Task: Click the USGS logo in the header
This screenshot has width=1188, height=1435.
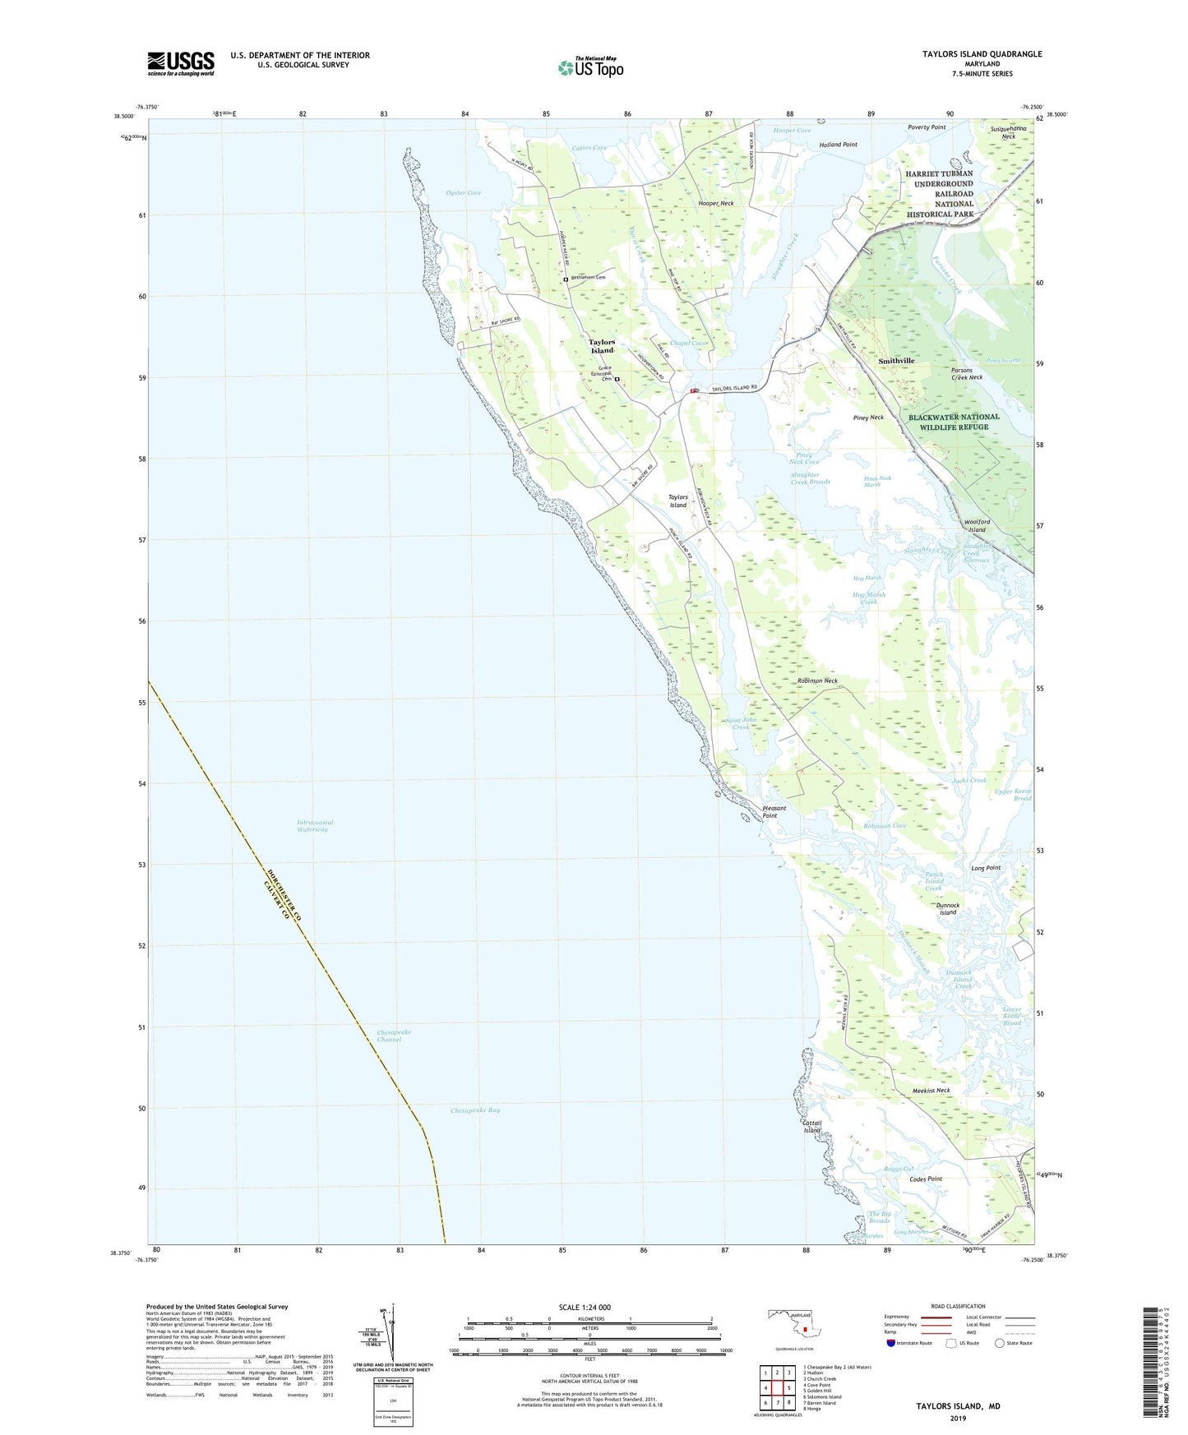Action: point(181,62)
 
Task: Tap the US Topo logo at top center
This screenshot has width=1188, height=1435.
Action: point(590,67)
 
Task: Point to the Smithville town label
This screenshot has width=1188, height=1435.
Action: point(896,361)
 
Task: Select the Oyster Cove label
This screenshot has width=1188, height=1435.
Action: point(463,192)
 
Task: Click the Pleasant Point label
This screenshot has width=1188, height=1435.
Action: point(774,812)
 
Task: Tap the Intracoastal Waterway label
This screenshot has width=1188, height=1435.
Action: point(315,826)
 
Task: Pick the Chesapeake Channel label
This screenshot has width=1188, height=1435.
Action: point(394,1036)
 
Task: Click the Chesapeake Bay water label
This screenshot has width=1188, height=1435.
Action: point(475,1110)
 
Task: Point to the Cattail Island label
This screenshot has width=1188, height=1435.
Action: point(812,1127)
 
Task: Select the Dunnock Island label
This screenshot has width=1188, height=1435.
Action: point(948,909)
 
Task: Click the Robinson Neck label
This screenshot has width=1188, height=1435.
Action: point(817,681)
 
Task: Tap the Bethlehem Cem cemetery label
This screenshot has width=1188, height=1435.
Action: point(588,278)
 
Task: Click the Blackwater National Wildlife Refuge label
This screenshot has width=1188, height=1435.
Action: point(954,422)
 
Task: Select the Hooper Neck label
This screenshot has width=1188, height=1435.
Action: point(715,203)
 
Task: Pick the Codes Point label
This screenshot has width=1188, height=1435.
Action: point(926,1179)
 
